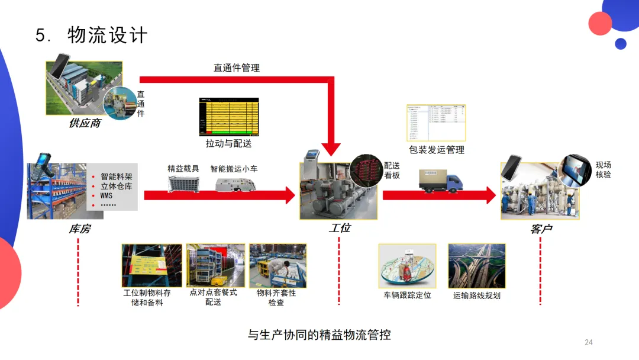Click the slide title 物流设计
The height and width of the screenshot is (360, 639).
click(x=107, y=36)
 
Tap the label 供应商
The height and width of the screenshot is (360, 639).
click(x=85, y=124)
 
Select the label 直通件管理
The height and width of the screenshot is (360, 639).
click(x=237, y=68)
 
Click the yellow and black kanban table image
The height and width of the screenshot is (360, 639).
click(x=229, y=116)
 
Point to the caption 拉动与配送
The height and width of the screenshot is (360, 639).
click(x=228, y=144)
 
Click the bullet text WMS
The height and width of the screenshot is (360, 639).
click(x=106, y=195)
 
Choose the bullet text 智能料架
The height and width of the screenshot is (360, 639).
click(x=117, y=176)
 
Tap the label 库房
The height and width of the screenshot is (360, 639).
click(x=79, y=229)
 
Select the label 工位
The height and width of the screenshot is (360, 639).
click(x=340, y=228)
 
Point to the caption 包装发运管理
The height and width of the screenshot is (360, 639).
click(x=437, y=150)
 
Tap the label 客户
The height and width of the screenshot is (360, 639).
click(x=541, y=229)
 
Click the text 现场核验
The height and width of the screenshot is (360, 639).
click(x=603, y=170)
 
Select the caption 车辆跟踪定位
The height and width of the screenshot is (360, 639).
click(x=407, y=295)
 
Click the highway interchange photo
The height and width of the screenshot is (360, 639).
click(x=476, y=266)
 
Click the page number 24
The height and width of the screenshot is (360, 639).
click(x=588, y=342)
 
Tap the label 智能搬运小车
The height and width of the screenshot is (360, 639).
click(x=235, y=169)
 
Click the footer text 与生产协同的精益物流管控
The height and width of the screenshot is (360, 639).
click(x=319, y=335)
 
